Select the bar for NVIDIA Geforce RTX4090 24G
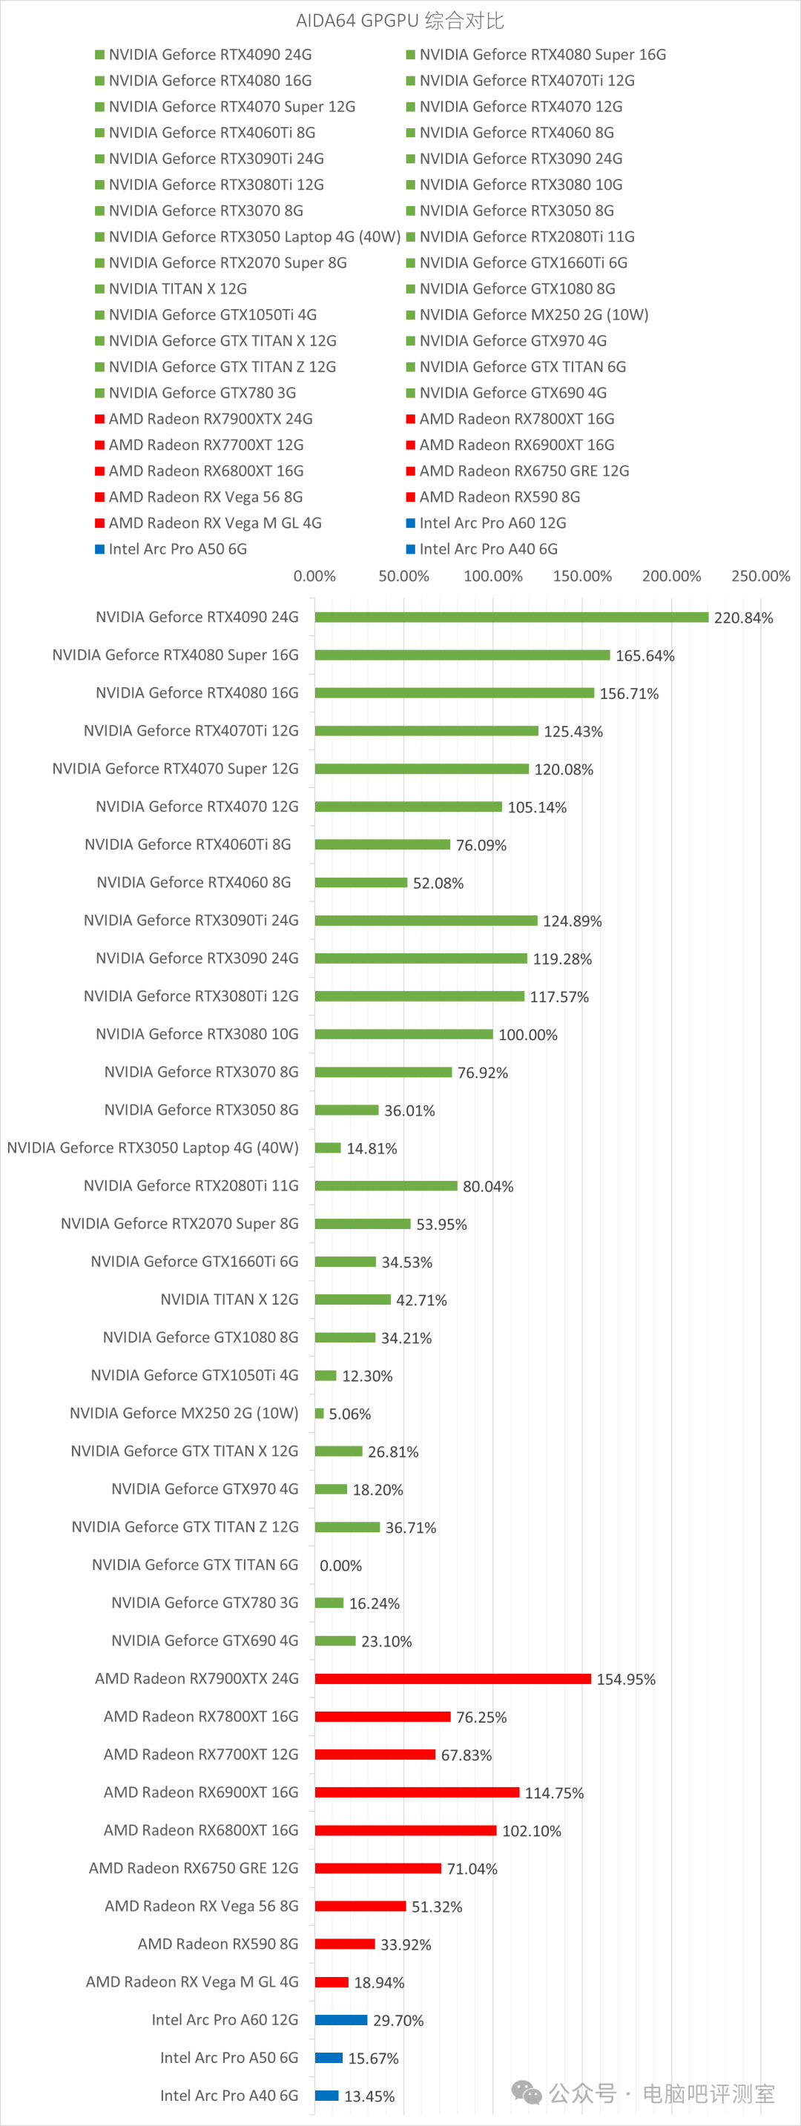pyautogui.click(x=511, y=617)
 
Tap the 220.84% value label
pyautogui.click(x=743, y=618)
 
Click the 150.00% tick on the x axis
pyautogui.click(x=582, y=576)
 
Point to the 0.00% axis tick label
pyautogui.click(x=314, y=576)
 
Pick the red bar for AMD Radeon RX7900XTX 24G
pyautogui.click(x=452, y=1679)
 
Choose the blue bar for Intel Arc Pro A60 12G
pyautogui.click(x=341, y=2019)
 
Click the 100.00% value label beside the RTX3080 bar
pyautogui.click(x=527, y=1035)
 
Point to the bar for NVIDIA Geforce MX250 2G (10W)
pyautogui.click(x=320, y=1414)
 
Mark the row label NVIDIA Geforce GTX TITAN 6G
pyautogui.click(x=195, y=1565)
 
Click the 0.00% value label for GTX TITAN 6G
pyautogui.click(x=340, y=1566)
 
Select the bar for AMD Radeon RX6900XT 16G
pyautogui.click(x=417, y=1792)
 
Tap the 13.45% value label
pyautogui.click(x=369, y=2096)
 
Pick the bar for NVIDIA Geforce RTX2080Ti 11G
pyautogui.click(x=386, y=1186)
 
